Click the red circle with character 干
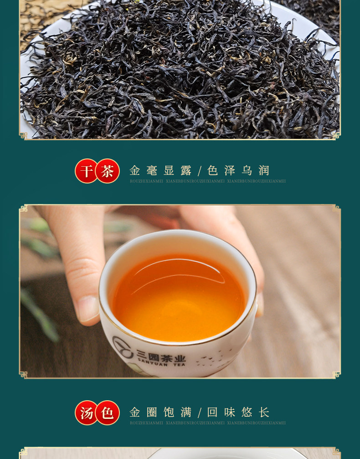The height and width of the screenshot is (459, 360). pos(87,171)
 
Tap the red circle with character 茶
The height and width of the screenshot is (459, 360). pos(108,171)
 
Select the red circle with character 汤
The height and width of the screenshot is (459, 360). pos(87,413)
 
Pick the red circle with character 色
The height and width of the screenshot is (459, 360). pos(108,413)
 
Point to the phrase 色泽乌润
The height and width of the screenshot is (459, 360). pos(238,171)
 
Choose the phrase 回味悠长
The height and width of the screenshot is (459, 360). pos(238,413)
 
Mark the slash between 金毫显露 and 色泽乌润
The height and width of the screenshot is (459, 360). pos(199,171)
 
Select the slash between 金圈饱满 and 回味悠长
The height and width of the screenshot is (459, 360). pos(199,413)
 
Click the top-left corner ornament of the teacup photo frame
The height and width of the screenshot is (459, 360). pos(23,209)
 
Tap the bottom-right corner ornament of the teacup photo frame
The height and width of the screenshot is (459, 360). pos(336,374)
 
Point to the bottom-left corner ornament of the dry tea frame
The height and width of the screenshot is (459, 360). pos(23,135)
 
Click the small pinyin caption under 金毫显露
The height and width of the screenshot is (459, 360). pos(146,181)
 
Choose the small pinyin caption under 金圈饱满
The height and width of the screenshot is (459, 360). pos(146,423)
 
